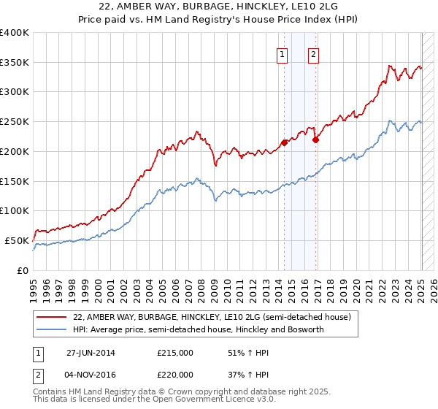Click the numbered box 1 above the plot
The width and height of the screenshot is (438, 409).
pos(282,53)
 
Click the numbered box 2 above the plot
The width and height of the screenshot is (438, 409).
pos(313,53)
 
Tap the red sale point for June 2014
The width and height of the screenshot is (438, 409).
pos(284,142)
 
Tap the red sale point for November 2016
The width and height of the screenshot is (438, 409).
pos(315,139)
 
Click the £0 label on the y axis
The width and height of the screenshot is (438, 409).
pos(23,270)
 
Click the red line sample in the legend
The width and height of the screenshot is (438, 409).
pos(51,318)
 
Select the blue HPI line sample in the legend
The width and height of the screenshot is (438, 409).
pos(51,330)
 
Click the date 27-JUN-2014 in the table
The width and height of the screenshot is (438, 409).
pos(91,352)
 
